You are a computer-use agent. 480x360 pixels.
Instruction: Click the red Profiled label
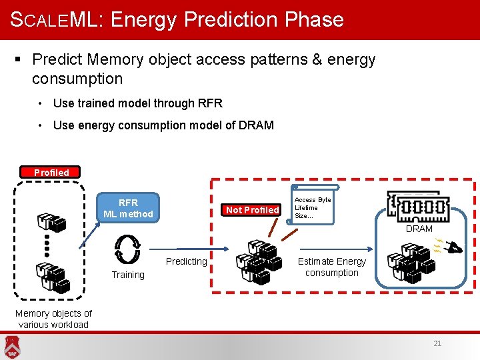point(51,172)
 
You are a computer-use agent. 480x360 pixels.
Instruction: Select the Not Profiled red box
point(253,210)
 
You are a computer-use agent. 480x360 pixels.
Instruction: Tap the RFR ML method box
point(128,208)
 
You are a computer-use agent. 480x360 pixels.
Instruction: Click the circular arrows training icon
point(127,249)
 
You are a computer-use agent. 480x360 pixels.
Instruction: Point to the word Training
point(128,275)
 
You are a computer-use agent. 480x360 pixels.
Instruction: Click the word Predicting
point(186,261)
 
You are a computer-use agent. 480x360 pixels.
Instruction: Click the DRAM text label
point(419,229)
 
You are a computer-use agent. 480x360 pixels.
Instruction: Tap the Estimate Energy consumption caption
point(332,267)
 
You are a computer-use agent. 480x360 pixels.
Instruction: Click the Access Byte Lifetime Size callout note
point(313,207)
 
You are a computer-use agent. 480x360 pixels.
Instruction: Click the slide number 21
point(437,344)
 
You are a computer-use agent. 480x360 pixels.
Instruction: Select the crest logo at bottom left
point(11,346)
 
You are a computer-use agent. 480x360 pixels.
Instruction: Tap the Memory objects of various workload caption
point(53,319)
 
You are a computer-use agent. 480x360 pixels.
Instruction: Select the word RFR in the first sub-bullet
point(210,103)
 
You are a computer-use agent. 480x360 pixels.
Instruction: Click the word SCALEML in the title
point(53,19)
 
